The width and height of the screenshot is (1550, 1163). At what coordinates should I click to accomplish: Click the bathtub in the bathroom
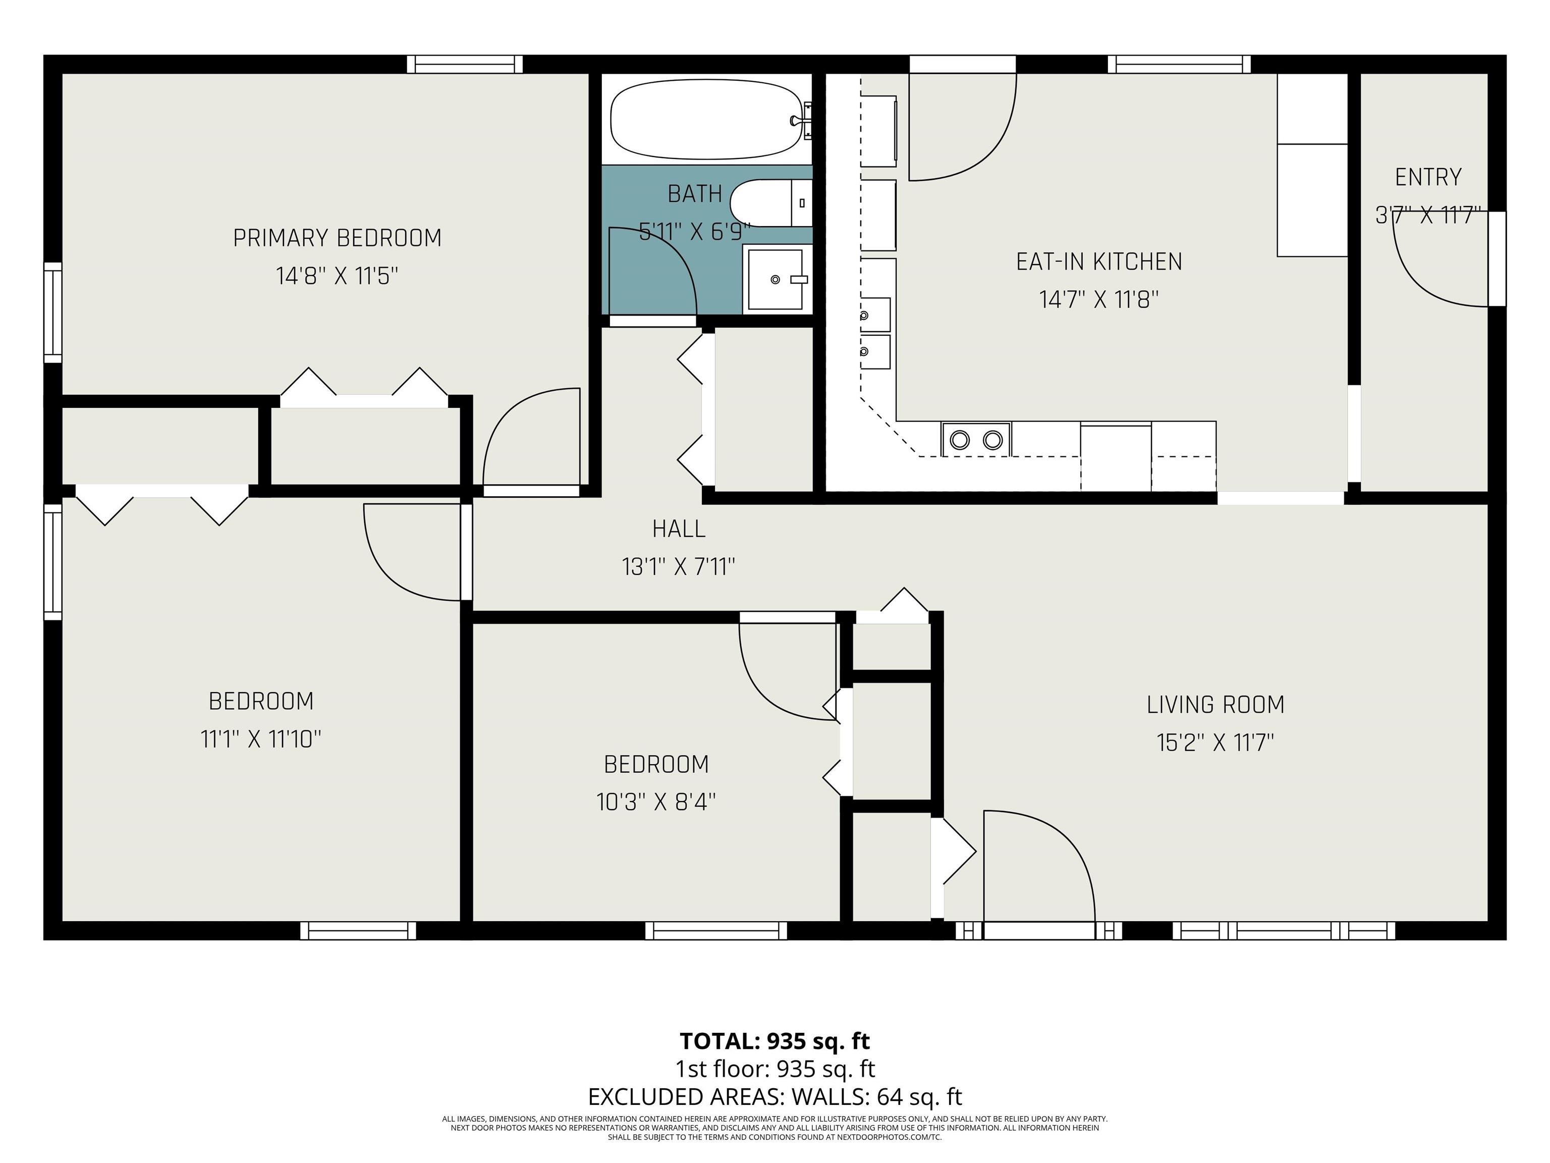(706, 120)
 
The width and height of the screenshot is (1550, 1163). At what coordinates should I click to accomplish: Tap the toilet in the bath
(771, 203)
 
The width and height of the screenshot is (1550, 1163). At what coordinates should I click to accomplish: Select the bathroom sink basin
(775, 280)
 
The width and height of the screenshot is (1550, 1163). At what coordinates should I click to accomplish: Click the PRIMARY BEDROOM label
(337, 238)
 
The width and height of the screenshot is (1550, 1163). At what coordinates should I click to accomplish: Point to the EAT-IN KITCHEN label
(1099, 262)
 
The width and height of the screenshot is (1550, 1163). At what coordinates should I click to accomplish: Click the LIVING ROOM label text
(1215, 705)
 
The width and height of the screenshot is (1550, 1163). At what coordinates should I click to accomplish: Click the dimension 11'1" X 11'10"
(261, 739)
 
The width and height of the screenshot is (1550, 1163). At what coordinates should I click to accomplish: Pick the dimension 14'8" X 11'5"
(337, 276)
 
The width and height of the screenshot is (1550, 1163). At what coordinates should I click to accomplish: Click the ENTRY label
(1428, 177)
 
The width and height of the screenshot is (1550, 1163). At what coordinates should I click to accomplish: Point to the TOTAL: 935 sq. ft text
(775, 1041)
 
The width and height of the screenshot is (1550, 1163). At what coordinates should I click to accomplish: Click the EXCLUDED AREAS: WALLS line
(775, 1096)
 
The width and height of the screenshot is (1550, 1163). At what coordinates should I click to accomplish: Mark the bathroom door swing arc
(673, 253)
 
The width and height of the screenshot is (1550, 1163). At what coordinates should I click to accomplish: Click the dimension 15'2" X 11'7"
(1215, 743)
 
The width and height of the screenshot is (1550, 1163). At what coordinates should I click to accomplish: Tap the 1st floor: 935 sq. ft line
(775, 1069)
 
